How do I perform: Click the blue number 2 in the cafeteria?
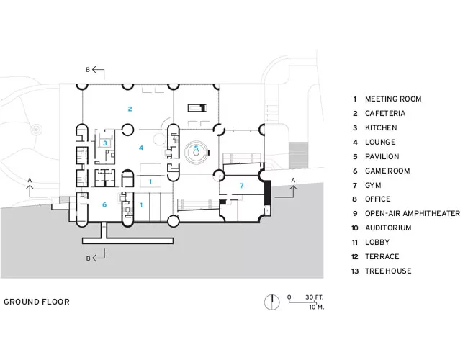tap(130, 109)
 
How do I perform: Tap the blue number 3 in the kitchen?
tap(105, 143)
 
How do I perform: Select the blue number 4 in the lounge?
tap(141, 148)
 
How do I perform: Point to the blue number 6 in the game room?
tap(104, 204)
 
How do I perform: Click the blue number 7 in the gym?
tap(242, 186)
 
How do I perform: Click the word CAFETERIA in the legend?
tap(385, 114)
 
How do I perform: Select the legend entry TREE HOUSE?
tap(388, 271)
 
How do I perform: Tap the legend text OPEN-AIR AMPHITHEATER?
tap(413, 213)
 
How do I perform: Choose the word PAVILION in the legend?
tap(382, 156)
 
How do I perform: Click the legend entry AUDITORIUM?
tap(388, 228)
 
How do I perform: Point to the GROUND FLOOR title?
tap(37, 302)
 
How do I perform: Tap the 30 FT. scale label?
tap(315, 297)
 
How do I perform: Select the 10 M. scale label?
tap(317, 307)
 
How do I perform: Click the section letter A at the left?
tap(30, 180)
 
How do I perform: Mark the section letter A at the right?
tap(293, 180)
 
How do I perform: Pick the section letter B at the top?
tap(88, 70)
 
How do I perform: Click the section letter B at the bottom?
tap(88, 258)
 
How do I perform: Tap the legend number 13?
tap(355, 271)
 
